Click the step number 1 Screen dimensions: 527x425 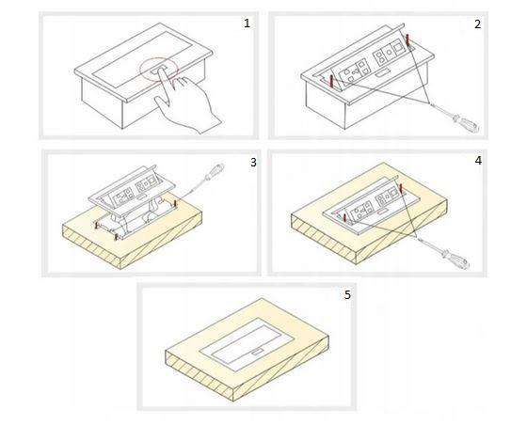247,24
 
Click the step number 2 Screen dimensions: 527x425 478,24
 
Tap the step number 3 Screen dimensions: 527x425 253,163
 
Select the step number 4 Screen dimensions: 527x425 478,161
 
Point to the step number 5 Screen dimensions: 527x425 347,295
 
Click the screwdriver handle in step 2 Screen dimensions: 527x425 467,123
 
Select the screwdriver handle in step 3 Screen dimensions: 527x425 215,171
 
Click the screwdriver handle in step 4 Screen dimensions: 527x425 456,259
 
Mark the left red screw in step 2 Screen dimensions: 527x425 331,83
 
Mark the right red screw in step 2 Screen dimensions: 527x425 408,40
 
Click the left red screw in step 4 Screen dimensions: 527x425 344,218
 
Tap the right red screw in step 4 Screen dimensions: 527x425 401,188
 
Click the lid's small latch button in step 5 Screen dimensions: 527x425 258,352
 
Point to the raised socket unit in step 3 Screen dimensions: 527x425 132,191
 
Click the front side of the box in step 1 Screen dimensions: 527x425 102,102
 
